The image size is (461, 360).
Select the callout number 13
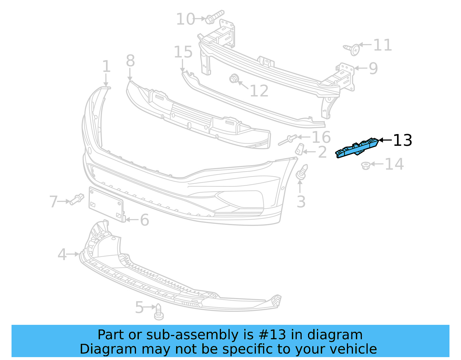tap(403, 140)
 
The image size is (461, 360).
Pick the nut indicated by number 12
tap(233, 78)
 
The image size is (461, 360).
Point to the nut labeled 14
tap(366, 166)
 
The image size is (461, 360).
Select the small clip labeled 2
tap(299, 149)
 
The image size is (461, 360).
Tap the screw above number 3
tap(301, 172)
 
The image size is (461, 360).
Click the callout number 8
tap(130, 61)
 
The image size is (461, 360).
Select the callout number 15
tap(183, 52)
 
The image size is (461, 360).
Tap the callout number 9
tap(373, 69)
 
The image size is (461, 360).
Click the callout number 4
tap(62, 255)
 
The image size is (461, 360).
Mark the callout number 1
tap(106, 67)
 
